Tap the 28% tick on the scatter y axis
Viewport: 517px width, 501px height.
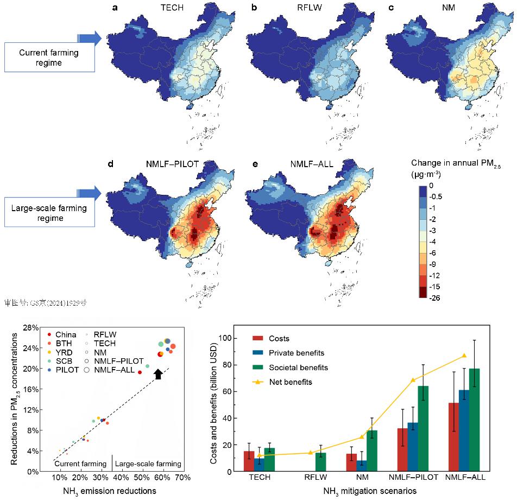pos(30,328)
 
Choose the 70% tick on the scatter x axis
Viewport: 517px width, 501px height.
pos(182,478)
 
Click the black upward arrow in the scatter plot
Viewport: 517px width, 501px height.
pos(157,373)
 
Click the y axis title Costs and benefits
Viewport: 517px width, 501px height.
pos(213,398)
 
